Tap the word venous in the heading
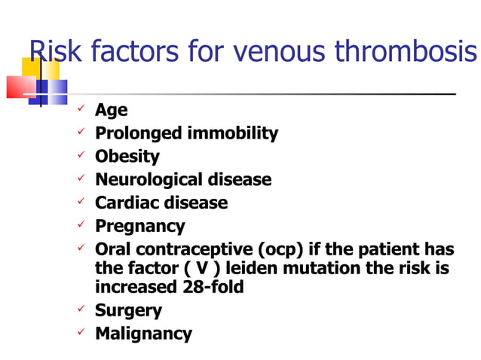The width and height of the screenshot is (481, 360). [280, 51]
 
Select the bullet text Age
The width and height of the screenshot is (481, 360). [111, 111]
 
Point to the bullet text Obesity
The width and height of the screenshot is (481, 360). [127, 157]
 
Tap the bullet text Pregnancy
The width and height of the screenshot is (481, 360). [139, 226]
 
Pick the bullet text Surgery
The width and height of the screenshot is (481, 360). [128, 310]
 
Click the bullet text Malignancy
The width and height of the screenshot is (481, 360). [143, 333]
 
